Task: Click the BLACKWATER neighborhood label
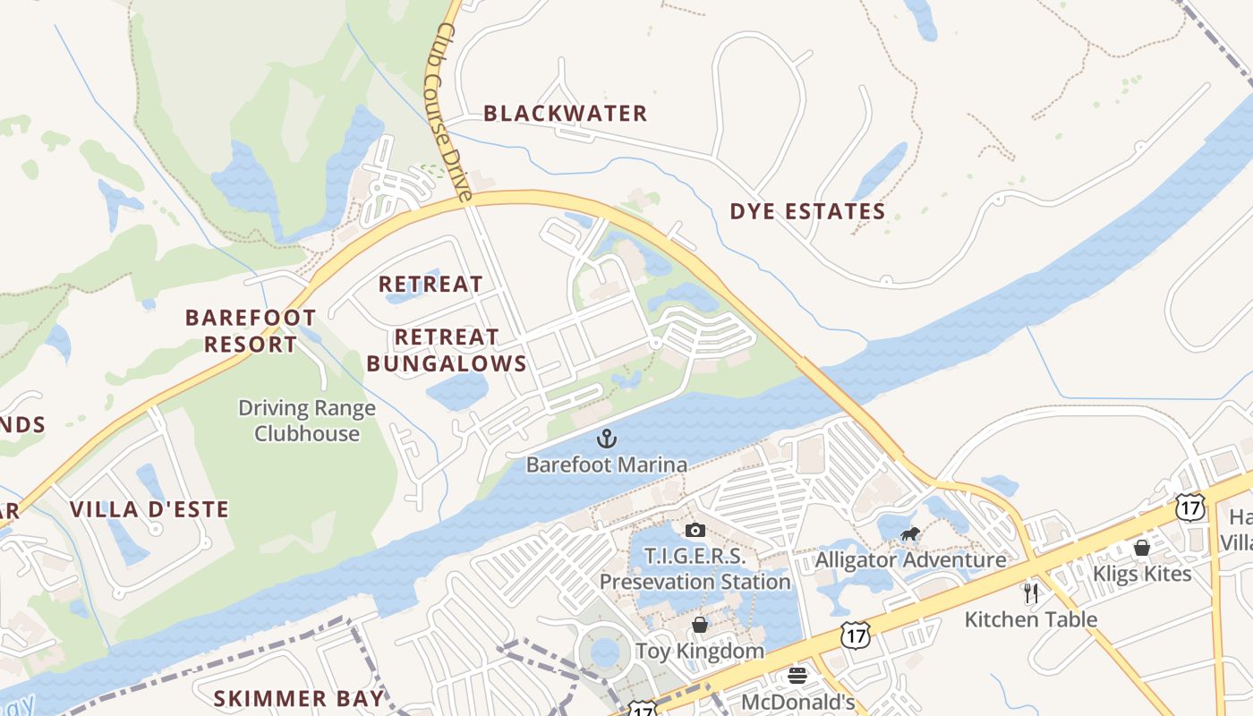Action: coord(565,114)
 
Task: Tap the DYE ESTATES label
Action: coord(807,212)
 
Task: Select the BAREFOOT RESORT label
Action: coord(251,331)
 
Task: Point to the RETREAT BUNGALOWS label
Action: coord(447,350)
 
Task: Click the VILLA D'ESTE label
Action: coord(149,510)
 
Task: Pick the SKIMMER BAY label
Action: coord(299,698)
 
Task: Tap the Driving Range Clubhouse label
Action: coord(306,421)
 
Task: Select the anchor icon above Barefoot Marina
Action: coord(607,439)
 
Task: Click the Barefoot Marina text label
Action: coord(607,465)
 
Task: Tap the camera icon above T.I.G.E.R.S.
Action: coord(695,531)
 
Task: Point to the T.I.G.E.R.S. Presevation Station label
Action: coord(695,569)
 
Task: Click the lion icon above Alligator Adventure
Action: coord(910,535)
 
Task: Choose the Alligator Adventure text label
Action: coord(910,560)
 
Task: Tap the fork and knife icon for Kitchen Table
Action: coord(1031,592)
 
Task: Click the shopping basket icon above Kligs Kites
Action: coord(1142,548)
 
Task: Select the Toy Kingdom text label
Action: coord(700,651)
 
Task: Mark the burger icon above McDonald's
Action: coord(797,676)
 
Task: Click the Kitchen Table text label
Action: coord(1031,618)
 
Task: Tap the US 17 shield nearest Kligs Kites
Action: coord(1189,507)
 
